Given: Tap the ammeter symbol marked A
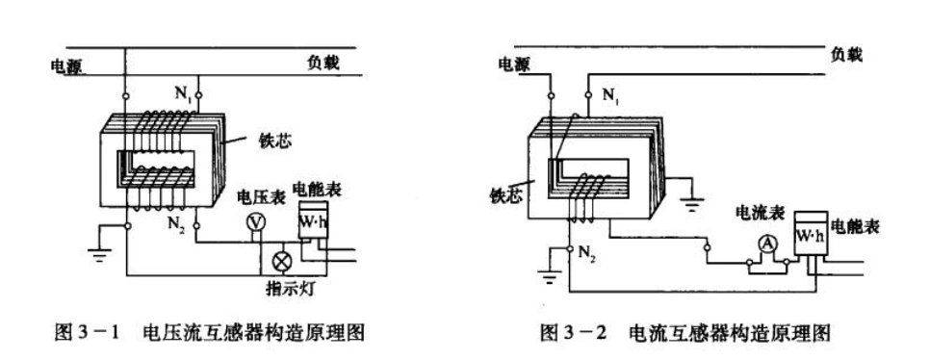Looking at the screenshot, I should click(765, 244).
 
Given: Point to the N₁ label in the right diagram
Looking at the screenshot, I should click(610, 94).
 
